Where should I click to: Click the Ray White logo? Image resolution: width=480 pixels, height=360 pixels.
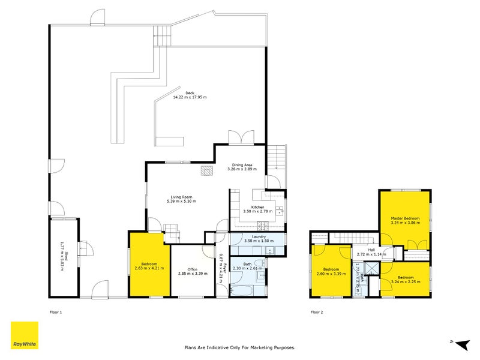point(25,335)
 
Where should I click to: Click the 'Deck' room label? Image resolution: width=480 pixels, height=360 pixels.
point(190,93)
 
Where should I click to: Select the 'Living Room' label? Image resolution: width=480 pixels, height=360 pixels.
point(181,196)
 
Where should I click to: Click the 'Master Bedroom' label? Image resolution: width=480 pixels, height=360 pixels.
point(404,218)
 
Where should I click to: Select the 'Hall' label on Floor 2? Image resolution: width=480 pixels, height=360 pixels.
point(371,250)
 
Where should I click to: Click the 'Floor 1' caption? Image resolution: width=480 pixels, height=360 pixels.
point(56,312)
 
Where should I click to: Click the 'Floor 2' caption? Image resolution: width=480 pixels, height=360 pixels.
point(316,312)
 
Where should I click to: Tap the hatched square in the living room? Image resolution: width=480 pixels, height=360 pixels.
point(206,171)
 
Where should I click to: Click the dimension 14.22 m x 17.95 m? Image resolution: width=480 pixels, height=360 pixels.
point(190,97)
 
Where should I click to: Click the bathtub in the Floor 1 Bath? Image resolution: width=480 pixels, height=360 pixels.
point(245,291)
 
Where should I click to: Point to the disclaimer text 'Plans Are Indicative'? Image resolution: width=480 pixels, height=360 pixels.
point(239,347)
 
